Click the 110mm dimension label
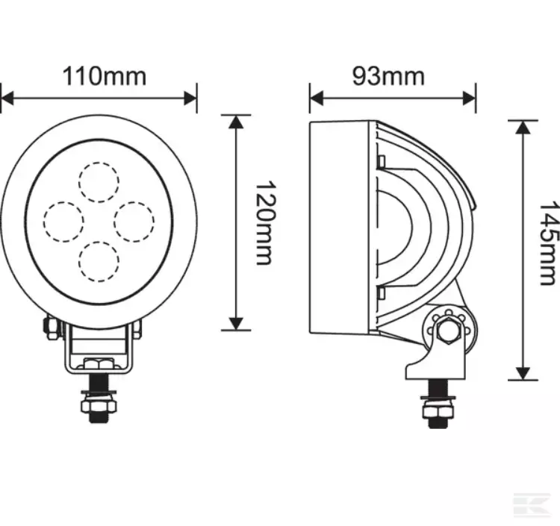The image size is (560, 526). [105, 76]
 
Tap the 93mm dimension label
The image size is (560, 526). [388, 76]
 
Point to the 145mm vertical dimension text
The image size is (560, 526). [549, 243]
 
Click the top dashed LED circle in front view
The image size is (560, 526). [99, 182]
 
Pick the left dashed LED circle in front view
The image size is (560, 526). [63, 222]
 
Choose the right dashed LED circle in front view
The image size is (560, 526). [134, 222]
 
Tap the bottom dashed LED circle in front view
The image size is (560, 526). [99, 262]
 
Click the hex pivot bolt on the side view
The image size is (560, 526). [448, 331]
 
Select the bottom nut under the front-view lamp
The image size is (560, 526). [99, 406]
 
